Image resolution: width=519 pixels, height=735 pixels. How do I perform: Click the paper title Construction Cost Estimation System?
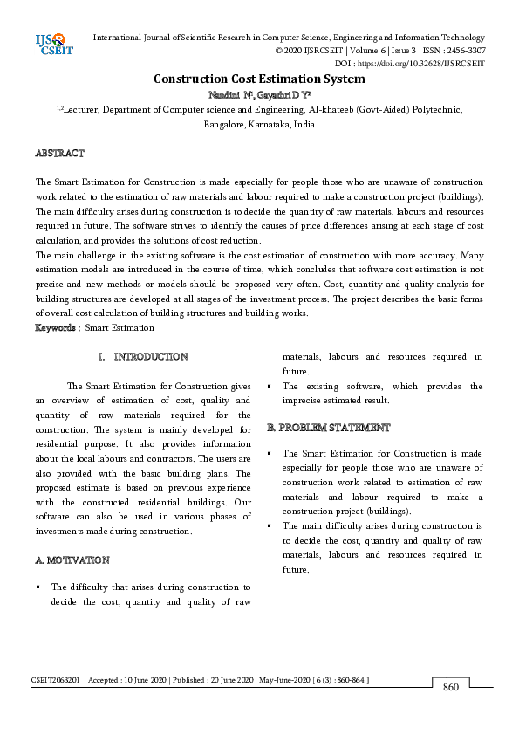[x=259, y=79]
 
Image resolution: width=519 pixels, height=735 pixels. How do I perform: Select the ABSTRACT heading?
[x=59, y=154]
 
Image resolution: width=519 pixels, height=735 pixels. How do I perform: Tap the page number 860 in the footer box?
[x=451, y=687]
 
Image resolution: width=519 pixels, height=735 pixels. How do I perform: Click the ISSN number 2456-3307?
[x=464, y=51]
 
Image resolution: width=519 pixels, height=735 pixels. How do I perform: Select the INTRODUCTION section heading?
[x=150, y=357]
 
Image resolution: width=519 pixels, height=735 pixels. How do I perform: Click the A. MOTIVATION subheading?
[x=72, y=560]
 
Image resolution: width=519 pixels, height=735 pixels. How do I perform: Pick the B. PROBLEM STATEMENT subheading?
[x=329, y=428]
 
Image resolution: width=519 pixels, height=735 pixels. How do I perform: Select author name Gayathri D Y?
[x=282, y=94]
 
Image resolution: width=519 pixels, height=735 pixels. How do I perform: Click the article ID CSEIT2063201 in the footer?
[x=56, y=680]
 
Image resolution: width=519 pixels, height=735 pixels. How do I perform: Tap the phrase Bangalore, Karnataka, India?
[x=259, y=125]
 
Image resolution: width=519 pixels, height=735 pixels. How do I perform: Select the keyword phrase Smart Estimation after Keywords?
[x=120, y=328]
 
